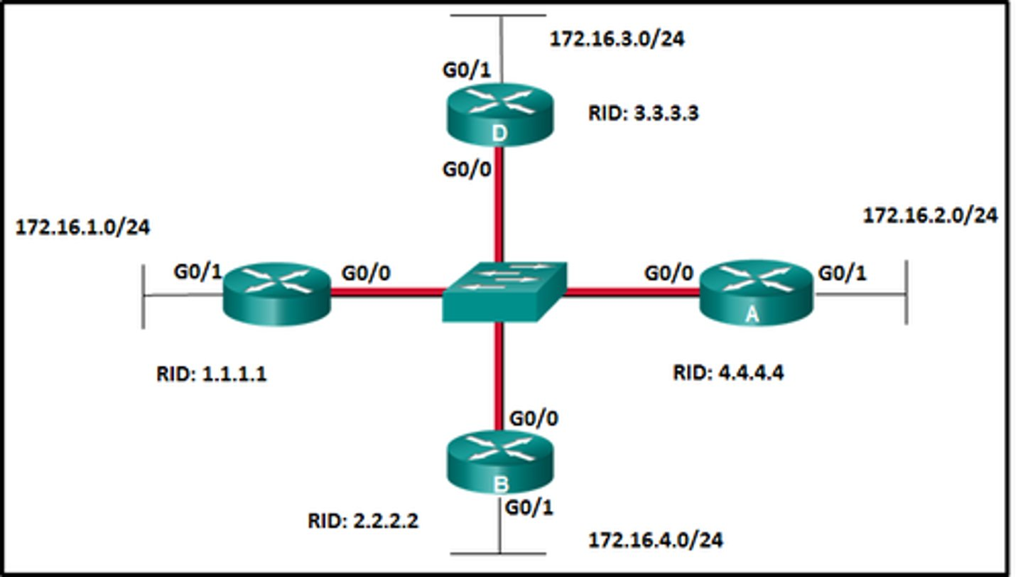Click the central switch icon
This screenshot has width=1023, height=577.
(x=504, y=291)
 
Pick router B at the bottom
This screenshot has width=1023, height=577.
(x=499, y=462)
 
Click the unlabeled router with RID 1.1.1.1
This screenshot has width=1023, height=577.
(x=277, y=293)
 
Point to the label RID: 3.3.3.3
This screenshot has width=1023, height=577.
(x=643, y=112)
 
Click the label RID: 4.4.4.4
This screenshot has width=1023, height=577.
(x=728, y=372)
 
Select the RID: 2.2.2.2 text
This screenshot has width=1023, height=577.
(x=363, y=521)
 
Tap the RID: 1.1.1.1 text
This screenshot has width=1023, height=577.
(x=212, y=374)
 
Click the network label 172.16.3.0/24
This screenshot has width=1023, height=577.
(x=617, y=39)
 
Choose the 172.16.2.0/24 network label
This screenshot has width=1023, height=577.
(x=930, y=215)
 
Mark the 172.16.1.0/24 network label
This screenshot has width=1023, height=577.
(x=82, y=227)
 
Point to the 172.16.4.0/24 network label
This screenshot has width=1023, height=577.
(x=656, y=540)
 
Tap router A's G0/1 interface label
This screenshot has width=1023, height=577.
(x=843, y=273)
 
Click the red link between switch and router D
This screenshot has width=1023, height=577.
(x=499, y=206)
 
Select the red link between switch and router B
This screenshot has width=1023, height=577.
(x=500, y=377)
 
